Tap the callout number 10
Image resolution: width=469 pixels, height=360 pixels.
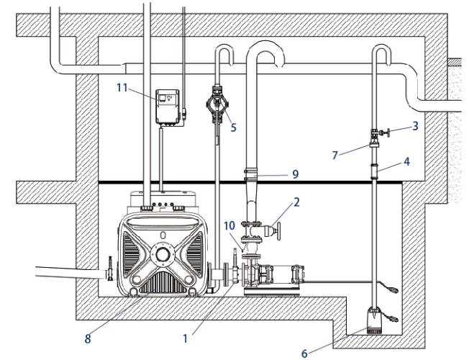pos(229,226)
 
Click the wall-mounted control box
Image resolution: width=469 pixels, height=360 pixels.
pos(169,107)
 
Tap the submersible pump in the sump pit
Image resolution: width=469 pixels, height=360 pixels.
pos(374,318)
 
